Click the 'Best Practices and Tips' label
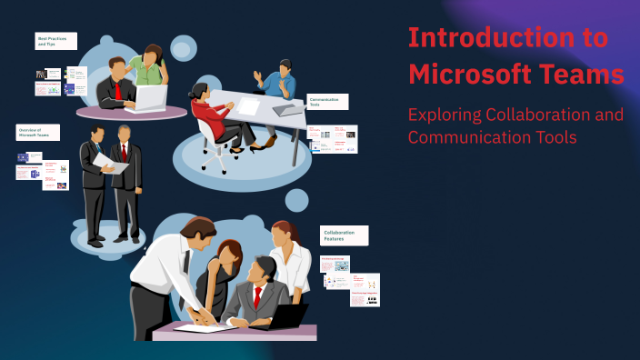(55, 41)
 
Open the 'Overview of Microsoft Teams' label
(37, 133)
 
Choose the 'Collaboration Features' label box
(345, 236)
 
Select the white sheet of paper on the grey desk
(249, 106)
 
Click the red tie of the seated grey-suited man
(257, 297)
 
